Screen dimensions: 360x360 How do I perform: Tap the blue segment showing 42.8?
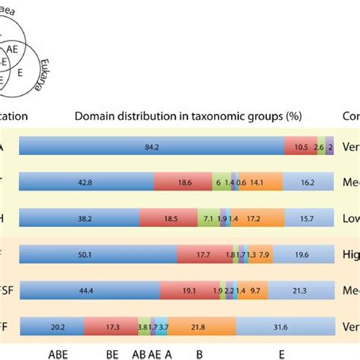pyautogui.click(x=86, y=183)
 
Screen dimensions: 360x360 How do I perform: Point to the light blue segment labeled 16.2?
pyautogui.click(x=307, y=183)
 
